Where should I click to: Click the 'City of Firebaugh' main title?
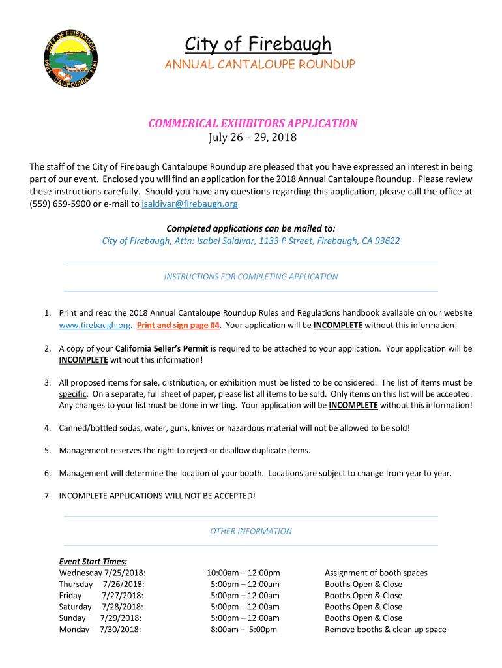point(258,44)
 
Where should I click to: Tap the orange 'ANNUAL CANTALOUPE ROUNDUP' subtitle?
point(259,65)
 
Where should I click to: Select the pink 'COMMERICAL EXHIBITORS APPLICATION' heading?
point(252,123)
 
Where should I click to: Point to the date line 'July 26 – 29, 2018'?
point(252,138)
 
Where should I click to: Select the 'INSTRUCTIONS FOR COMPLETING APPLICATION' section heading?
point(251,277)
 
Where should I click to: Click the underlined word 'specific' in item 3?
point(73,394)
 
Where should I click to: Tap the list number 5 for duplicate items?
point(48,450)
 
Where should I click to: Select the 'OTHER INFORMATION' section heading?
point(251,531)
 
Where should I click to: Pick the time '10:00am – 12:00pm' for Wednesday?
point(243,573)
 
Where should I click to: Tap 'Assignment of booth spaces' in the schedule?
point(376,573)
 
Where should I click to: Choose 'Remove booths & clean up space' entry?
point(385,630)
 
